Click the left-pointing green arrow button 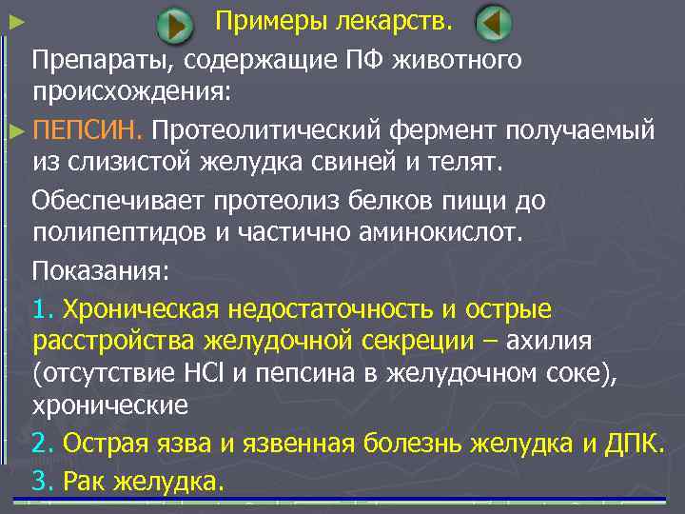[493, 23]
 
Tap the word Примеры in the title [268, 19]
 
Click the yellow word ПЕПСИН [87, 128]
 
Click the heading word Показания [100, 270]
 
